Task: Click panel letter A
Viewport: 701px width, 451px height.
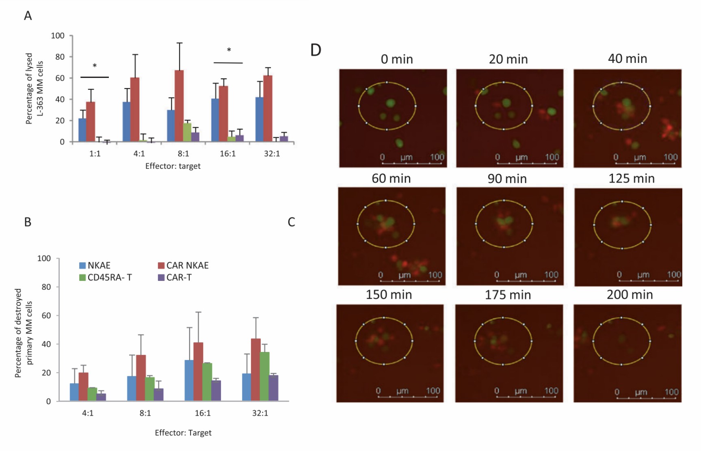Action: coord(28,16)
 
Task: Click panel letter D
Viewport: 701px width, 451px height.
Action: coord(316,50)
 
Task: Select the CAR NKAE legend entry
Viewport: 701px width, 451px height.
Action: coord(183,265)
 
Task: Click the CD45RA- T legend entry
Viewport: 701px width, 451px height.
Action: coord(105,278)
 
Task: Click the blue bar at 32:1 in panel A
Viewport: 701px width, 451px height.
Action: coord(259,120)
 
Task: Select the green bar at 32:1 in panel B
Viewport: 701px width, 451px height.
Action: coord(265,376)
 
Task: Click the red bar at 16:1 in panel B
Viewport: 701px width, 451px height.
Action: coord(198,372)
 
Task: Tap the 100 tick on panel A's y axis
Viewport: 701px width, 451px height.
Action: coord(58,36)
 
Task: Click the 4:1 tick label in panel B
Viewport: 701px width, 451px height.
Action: coord(88,413)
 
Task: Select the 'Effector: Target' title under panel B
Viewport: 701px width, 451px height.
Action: coord(183,433)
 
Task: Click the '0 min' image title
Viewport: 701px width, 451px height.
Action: coord(396,59)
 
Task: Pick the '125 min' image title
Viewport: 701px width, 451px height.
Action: coord(631,179)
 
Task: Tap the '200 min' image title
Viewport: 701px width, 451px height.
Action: coord(630,295)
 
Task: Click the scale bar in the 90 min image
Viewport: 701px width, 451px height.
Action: coord(526,281)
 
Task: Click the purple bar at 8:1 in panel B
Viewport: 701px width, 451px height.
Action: coord(159,395)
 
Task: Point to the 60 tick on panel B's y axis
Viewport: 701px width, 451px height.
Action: coord(46,315)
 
